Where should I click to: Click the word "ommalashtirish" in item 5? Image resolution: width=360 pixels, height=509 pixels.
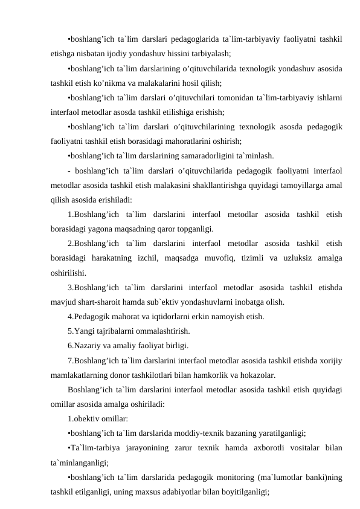click(x=160, y=330)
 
